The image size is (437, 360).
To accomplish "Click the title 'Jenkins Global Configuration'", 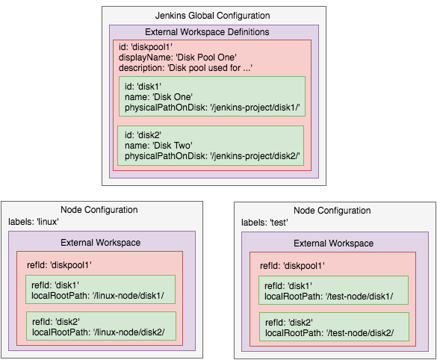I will pos(213,16).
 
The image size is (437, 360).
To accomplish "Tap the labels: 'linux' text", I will pos(34,222).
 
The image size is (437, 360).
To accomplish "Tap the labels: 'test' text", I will pos(265,223).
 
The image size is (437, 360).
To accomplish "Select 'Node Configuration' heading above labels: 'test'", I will pos(332,211).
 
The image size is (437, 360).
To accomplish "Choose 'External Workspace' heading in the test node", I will pos(333,243).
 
